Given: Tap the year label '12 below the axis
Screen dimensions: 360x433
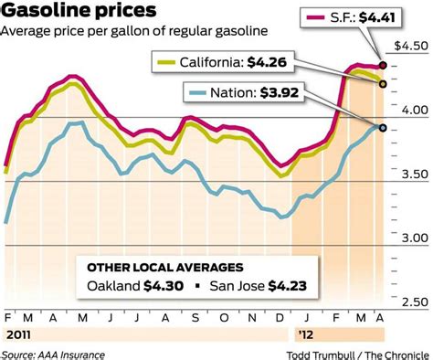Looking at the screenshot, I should tap(305, 334).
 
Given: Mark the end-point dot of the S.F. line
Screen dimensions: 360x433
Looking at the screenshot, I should tap(383, 67).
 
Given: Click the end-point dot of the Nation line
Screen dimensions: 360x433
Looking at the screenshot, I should tap(383, 128).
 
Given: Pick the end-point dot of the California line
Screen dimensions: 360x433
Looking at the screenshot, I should tap(383, 83).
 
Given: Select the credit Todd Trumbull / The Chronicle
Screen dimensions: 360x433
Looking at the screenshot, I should tap(356, 353).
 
